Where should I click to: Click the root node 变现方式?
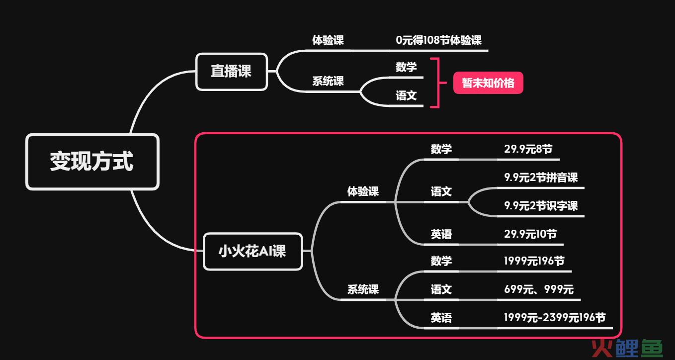pyautogui.click(x=92, y=162)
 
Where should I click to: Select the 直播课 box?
pyautogui.click(x=232, y=72)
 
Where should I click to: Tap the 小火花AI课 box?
pyautogui.click(x=253, y=251)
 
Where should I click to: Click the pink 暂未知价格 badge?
pyautogui.click(x=488, y=83)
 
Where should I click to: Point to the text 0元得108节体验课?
pyautogui.click(x=439, y=40)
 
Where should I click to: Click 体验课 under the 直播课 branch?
pyautogui.click(x=328, y=40)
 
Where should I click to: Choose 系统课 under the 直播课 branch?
pyautogui.click(x=328, y=81)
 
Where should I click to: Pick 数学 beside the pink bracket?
pyautogui.click(x=406, y=67)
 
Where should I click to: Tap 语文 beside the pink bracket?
pyautogui.click(x=406, y=95)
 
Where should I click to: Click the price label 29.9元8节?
pyautogui.click(x=528, y=149)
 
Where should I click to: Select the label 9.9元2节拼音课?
pyautogui.click(x=541, y=178)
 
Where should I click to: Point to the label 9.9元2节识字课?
pyautogui.click(x=541, y=206)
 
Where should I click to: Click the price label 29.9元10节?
pyautogui.click(x=530, y=234)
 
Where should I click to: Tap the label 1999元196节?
pyautogui.click(x=534, y=261)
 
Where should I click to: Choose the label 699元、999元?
pyautogui.click(x=539, y=289)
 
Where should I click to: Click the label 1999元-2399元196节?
pyautogui.click(x=555, y=317)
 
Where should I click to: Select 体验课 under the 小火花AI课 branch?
pyautogui.click(x=363, y=191)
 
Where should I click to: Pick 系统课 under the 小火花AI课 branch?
pyautogui.click(x=363, y=289)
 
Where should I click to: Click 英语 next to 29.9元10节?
pyautogui.click(x=441, y=234)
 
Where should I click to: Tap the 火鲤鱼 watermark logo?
pyautogui.click(x=627, y=348)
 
